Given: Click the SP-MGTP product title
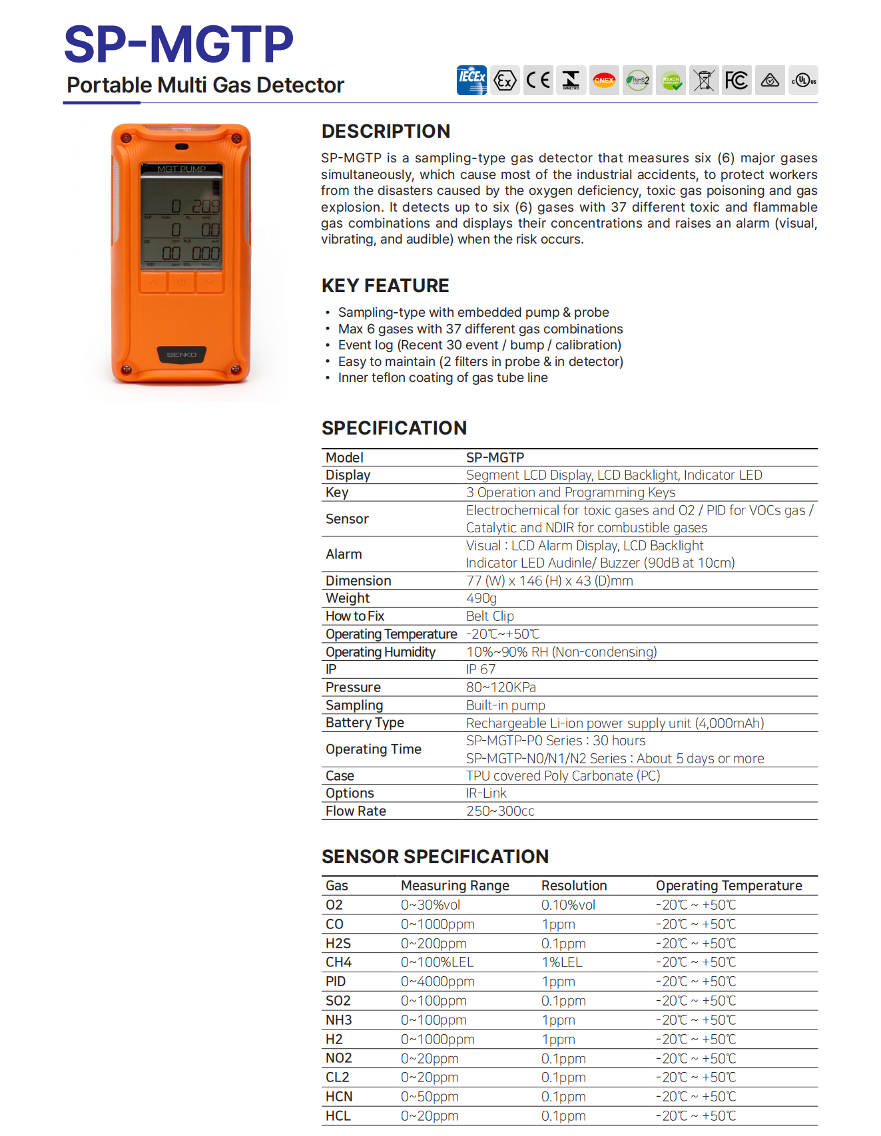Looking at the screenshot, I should click(x=178, y=45).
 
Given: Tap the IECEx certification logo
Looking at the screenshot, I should click(x=471, y=81).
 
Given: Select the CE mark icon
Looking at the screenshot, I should click(x=538, y=81).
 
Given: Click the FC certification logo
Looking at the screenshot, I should click(x=736, y=81).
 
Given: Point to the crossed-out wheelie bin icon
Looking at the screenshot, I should click(x=704, y=81).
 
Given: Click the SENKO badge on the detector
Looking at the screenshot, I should click(x=181, y=355).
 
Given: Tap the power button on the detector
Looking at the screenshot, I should click(x=181, y=283).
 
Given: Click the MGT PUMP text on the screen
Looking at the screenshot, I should click(x=181, y=169).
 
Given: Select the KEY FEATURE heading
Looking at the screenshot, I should click(x=385, y=286).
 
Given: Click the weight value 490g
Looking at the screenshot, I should click(x=481, y=598).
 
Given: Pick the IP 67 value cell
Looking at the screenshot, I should click(x=480, y=669).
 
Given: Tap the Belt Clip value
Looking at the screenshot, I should click(x=489, y=616).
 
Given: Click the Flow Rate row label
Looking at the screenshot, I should click(x=356, y=811).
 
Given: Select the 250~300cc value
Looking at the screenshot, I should click(x=500, y=811).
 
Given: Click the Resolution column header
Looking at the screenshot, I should click(x=573, y=886).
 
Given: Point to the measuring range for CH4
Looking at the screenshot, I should click(x=437, y=962).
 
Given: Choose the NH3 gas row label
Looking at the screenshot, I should click(x=338, y=1020).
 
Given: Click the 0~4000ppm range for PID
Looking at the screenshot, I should click(x=438, y=982).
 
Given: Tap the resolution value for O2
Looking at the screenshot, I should click(x=568, y=905).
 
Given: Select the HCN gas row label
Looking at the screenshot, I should click(x=338, y=1097).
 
